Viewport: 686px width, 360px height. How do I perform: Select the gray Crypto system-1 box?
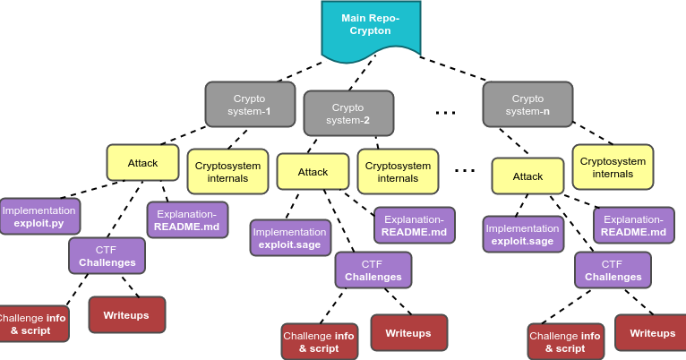pos(250,105)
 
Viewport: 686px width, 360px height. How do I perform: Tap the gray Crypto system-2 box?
pos(348,114)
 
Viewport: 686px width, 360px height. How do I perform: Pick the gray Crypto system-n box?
pos(527,105)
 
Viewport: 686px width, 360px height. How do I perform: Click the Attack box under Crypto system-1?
pos(142,163)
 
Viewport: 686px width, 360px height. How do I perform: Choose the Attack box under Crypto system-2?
pos(313,172)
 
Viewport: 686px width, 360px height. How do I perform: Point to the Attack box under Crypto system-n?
pos(527,176)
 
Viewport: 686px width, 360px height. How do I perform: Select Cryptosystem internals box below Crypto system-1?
pos(227,172)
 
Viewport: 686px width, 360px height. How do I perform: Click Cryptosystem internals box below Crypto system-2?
pos(398,172)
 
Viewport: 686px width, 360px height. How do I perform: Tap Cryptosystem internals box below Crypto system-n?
pos(613,167)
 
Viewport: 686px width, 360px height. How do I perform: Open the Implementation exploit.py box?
pos(39,217)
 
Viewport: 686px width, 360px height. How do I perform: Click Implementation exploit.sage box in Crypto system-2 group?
pos(290,237)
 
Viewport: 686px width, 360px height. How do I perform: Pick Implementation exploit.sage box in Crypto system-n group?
pos(523,235)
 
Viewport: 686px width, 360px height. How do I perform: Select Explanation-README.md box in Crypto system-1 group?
pos(187,220)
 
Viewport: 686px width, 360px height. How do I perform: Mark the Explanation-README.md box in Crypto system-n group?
pos(633,226)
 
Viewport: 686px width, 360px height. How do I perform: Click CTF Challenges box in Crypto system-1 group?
pos(107,256)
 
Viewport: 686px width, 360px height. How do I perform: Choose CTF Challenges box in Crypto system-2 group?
pos(373,270)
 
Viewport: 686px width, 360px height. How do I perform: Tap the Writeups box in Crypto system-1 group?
pos(126,315)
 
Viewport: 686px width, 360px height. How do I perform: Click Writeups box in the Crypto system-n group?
pos(652,333)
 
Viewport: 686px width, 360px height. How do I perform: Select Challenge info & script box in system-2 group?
pos(319,342)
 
